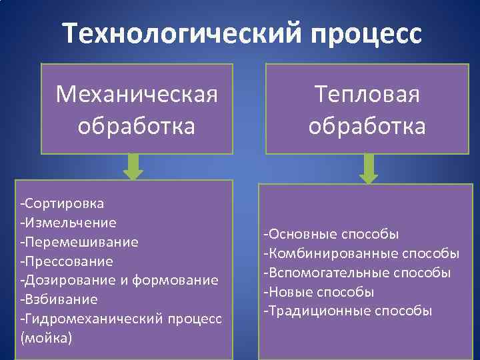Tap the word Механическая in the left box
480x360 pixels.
[137, 95]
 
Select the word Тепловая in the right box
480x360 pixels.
[367, 95]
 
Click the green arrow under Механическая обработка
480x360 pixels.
[133, 167]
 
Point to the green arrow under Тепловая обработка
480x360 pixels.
[369, 169]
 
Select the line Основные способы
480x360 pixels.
[331, 234]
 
